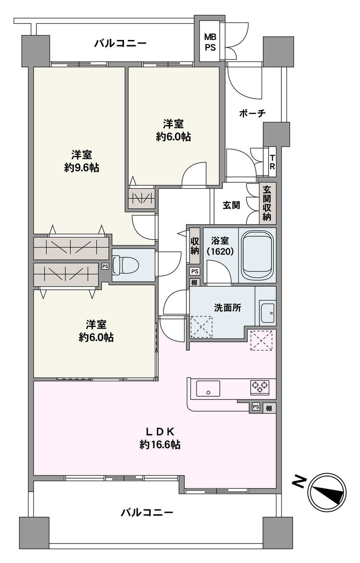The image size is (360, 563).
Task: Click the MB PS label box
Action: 210,42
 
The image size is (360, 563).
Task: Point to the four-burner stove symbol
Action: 259,387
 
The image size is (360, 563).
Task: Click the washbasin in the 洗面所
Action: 266,312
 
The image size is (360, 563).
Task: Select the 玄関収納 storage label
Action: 267,203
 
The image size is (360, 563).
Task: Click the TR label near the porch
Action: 272,162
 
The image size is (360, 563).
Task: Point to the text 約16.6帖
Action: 160,445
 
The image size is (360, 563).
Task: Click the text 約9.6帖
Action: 81,168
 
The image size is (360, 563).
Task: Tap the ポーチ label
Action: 252,113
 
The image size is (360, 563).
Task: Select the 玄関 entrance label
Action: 231,205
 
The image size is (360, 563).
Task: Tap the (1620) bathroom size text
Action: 220,252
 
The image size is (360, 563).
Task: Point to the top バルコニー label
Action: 120,43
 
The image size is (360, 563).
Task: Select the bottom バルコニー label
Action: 147,512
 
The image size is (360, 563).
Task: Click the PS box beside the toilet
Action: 105,266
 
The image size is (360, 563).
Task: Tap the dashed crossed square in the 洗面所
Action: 201,327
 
